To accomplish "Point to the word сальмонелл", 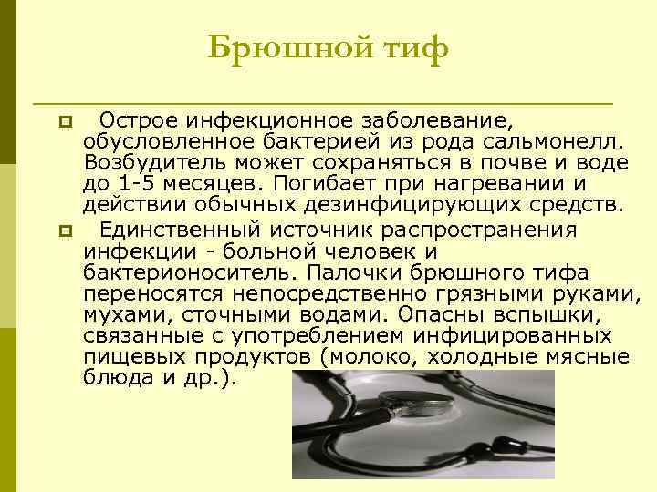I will point(559,142).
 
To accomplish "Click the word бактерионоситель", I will point(189,272).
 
